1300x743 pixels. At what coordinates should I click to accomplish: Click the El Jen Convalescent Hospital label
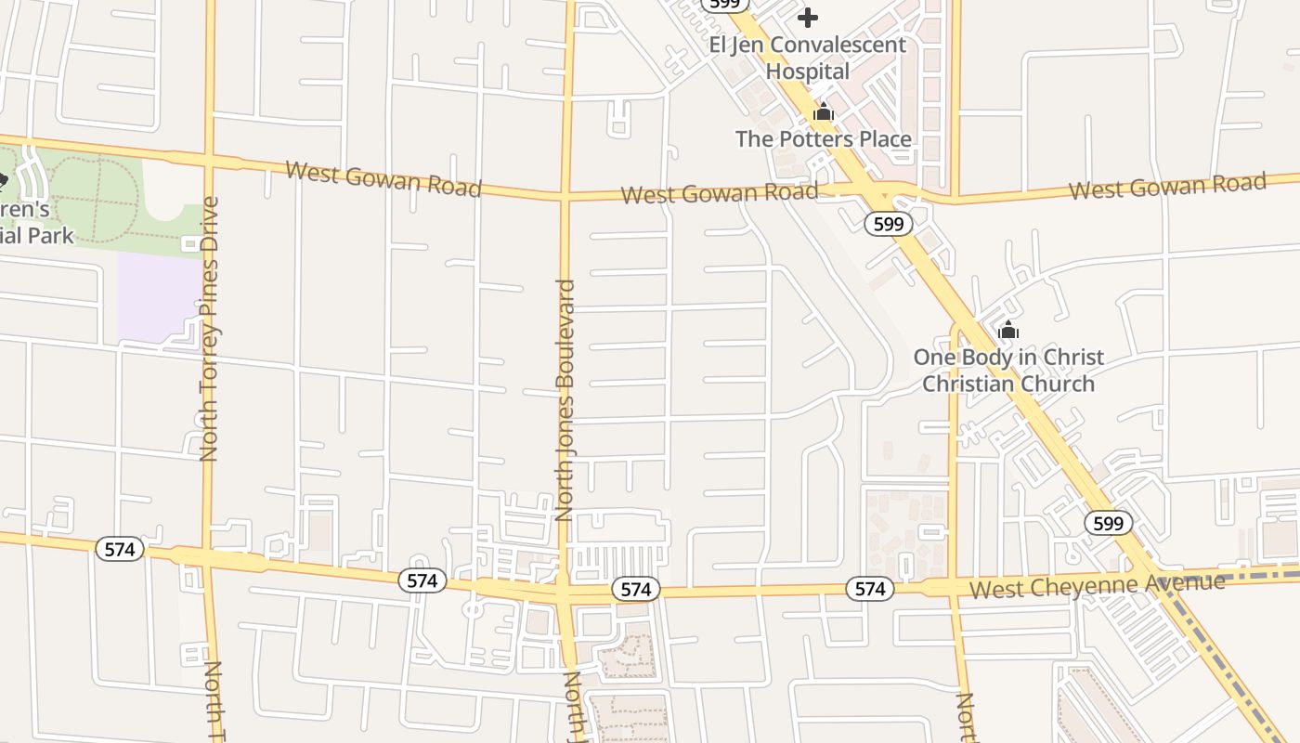807,58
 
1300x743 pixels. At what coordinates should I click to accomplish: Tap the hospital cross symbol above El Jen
808,18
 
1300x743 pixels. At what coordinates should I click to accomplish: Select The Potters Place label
823,139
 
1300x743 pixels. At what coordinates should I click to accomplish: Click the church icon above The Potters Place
823,113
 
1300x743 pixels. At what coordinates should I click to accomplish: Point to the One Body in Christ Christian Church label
1008,370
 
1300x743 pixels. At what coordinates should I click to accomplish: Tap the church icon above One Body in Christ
1008,331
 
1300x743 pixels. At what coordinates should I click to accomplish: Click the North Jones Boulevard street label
565,399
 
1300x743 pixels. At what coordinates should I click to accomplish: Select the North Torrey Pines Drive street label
209,328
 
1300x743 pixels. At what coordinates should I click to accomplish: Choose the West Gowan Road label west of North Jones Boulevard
383,178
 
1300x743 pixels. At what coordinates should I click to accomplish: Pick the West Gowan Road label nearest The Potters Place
719,193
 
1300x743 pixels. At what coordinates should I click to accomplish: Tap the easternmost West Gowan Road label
1167,186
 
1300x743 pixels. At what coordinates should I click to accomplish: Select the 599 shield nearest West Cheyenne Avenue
1108,523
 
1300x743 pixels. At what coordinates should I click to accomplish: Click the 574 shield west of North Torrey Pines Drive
120,549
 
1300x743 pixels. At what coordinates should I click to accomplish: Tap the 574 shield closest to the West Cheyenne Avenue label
869,589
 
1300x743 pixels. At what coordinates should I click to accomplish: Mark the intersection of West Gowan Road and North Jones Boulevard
564,196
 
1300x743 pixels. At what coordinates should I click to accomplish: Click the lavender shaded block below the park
158,295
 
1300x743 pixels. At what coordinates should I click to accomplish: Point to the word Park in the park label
51,235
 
